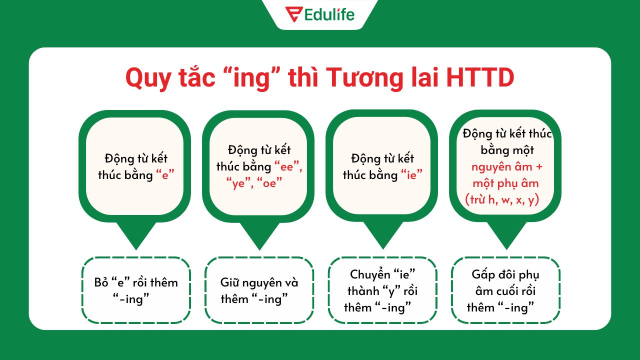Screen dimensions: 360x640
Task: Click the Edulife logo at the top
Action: [x=320, y=14]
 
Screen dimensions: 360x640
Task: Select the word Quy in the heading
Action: [x=146, y=78]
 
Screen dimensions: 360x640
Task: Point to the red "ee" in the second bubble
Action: [x=288, y=166]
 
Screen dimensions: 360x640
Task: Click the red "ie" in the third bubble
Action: [x=412, y=175]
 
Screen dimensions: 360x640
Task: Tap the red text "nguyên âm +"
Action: [x=506, y=166]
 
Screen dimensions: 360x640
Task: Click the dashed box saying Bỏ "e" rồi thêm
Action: [x=136, y=290]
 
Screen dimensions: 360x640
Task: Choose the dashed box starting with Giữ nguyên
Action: [x=259, y=290]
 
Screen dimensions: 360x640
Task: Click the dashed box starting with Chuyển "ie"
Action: [x=382, y=290]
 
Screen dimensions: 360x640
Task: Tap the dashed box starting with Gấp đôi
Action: [x=505, y=290]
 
